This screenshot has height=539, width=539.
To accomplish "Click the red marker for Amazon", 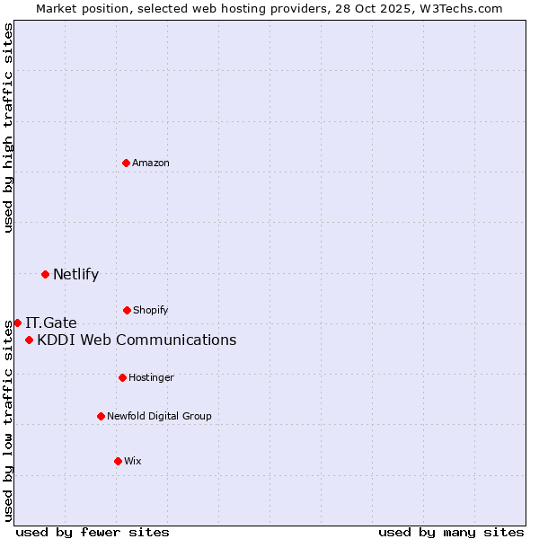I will coord(127,163).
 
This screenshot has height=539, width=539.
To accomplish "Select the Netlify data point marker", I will coord(45,274).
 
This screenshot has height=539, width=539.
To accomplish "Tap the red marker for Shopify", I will coord(127,310).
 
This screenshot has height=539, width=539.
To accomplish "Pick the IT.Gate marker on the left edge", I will coord(17,323).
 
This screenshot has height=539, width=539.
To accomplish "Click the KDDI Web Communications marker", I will coord(30,340).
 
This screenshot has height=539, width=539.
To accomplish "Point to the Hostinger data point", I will coord(122,377).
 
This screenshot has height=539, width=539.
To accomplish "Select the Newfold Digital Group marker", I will coord(101,416).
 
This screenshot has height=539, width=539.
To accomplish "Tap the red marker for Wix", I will coord(118,461).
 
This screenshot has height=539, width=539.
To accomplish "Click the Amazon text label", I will coord(151,163).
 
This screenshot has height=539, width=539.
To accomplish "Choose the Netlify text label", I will coord(75,274).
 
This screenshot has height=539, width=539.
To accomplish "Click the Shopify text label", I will coord(150,310).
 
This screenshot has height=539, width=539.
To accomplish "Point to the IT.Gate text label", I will coord(51,323).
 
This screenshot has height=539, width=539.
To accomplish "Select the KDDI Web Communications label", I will coord(137,340).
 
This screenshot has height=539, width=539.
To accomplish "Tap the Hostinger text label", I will coord(151,377).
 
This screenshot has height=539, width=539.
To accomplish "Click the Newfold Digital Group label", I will coord(159,416).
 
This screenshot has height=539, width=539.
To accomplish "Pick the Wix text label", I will coord(133,461).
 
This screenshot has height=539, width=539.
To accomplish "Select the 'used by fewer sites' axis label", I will coord(93,532).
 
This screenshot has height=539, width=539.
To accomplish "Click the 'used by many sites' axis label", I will coord(451,532).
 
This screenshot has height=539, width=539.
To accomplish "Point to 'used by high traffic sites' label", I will coord(8,128).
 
